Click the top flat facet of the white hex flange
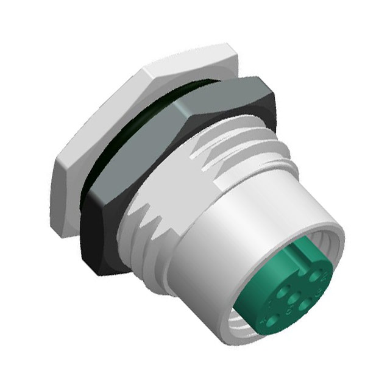[183, 61]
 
